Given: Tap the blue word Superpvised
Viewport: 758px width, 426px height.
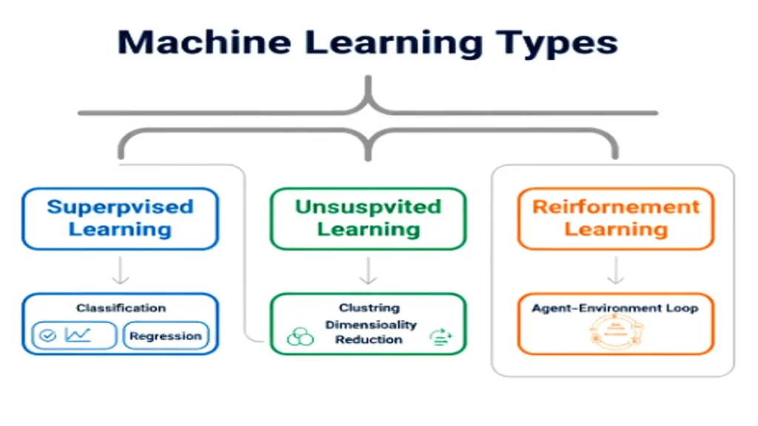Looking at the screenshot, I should click(120, 207).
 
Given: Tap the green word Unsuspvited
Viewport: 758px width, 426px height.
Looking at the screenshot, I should click(368, 207).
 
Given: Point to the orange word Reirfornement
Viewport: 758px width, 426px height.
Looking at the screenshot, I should click(616, 207).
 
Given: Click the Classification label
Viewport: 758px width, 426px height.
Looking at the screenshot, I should click(121, 308).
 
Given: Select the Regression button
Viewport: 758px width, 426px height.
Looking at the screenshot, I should click(165, 336).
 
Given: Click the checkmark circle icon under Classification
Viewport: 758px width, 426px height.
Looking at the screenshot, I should click(48, 336).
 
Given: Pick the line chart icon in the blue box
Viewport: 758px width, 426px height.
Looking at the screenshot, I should click(77, 335).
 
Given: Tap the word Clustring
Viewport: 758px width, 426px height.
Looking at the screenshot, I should click(369, 308).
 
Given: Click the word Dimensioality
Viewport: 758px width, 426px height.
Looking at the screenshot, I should click(371, 324).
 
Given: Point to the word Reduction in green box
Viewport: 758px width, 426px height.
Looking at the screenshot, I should click(369, 339).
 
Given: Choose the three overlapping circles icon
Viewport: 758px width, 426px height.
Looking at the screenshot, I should click(300, 337).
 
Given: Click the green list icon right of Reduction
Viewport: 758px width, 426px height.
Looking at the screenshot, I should click(440, 338).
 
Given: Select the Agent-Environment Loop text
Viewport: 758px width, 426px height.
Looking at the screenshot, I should click(614, 308).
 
